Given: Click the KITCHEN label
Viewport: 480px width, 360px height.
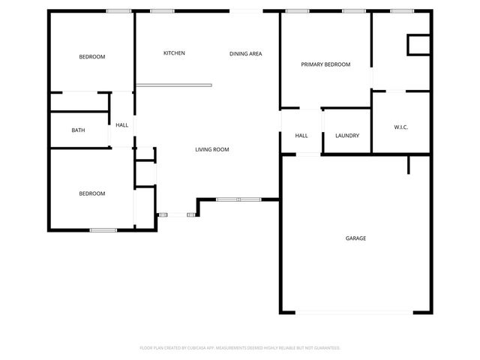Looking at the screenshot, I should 174,53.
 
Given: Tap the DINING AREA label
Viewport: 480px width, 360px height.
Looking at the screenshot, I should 245,53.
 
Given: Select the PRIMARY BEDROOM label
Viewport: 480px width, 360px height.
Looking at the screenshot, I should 325,64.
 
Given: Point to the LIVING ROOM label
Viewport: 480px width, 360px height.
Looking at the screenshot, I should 212,150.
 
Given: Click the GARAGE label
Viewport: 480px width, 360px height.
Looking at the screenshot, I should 355,238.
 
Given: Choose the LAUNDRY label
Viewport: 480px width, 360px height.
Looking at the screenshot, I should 347,136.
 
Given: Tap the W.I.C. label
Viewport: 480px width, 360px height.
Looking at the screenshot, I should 401,127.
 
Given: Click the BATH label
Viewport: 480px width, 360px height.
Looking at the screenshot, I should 78,130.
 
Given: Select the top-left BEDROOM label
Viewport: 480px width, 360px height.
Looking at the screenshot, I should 92,57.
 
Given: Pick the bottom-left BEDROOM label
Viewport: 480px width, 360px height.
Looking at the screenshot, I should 92,193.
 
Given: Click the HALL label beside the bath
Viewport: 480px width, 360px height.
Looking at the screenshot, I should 121,124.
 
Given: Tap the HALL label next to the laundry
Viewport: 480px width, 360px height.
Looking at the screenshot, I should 301,136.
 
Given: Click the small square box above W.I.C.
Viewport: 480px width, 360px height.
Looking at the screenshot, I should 417,45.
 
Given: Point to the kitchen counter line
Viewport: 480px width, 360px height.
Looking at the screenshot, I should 174,85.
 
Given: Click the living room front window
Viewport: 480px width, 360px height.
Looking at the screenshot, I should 238,199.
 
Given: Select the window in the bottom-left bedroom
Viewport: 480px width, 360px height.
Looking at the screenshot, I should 103,230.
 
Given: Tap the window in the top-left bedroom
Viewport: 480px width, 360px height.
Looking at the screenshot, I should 118,10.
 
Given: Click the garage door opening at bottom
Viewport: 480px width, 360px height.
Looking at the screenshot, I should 355,312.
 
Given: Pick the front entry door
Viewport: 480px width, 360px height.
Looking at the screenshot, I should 177,215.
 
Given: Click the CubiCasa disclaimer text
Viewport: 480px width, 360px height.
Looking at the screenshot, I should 240,348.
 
